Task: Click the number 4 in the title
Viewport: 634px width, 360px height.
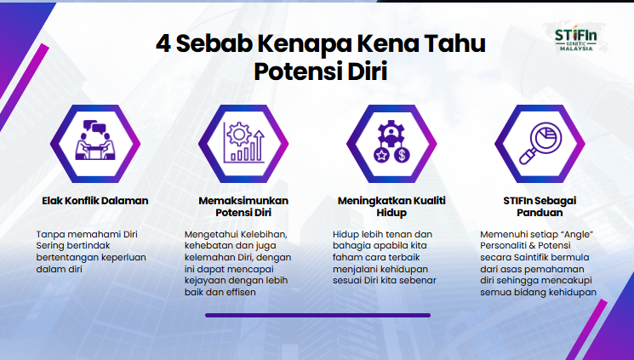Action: [x=162, y=44]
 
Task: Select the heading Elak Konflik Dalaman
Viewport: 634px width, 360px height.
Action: [x=95, y=201]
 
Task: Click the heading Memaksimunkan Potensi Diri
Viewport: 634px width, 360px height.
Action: [x=243, y=206]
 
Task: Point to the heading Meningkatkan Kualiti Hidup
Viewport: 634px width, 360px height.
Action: [x=391, y=206]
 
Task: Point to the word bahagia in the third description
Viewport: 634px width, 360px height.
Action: [x=351, y=245]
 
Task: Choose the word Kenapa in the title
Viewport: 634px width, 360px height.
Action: [x=300, y=44]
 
